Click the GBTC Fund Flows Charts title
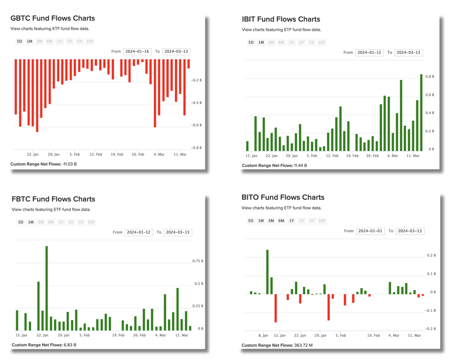53,18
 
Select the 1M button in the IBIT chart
261,42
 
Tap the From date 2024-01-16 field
137,51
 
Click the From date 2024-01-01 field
370,231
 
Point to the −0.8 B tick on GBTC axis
196,147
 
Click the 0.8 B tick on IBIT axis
429,77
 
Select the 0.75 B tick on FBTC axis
198,261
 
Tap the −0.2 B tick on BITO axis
430,329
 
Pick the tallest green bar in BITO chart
267,272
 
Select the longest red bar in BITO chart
275,308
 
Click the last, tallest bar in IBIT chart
421,112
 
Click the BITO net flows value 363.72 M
303,345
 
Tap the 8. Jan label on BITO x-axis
263,335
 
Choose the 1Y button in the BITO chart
291,221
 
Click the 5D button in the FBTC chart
21,222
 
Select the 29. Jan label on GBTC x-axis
54,154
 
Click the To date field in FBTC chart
177,232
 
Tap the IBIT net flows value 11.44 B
300,165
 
